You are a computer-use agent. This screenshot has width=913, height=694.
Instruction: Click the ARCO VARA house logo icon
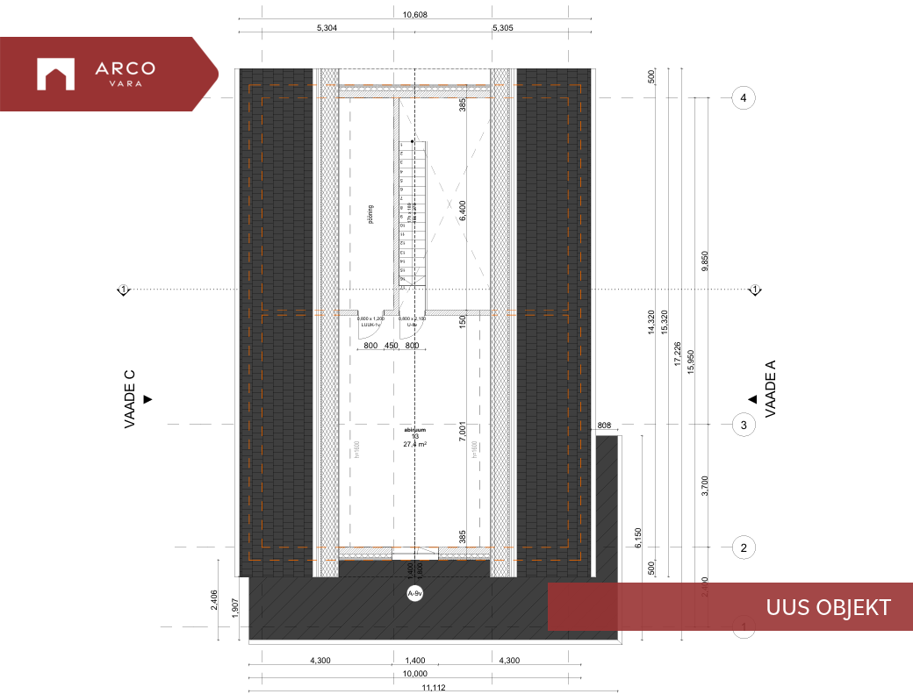55,74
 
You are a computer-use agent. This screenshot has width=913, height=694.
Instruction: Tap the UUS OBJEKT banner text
828,607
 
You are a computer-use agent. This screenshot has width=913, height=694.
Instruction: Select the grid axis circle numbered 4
744,98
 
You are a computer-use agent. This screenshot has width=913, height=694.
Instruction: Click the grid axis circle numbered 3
744,425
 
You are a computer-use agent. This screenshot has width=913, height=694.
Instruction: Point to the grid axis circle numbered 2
744,548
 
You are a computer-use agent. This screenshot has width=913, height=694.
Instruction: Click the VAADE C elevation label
129,399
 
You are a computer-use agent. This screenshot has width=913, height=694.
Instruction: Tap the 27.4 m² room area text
414,445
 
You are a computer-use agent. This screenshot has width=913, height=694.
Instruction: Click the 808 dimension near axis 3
604,426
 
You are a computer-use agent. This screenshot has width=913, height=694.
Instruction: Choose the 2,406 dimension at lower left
216,598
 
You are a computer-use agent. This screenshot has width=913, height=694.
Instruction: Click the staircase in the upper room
411,214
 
